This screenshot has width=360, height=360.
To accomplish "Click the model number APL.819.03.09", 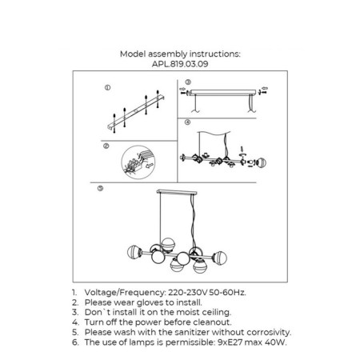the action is tap(180, 64).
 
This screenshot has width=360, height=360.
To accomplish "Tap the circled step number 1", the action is tap(107, 87).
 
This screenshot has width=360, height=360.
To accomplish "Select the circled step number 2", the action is tap(106, 146).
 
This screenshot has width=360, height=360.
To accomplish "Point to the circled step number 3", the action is tap(188, 82).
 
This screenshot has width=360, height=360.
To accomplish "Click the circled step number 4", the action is tap(187, 122).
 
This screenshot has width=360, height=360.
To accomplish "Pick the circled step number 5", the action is tap(100, 188).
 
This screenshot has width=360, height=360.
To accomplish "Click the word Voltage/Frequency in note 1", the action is tap(125, 293).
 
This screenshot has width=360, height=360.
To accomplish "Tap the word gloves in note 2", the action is tap(150, 302).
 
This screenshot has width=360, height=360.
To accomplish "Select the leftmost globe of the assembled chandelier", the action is tap(134, 252).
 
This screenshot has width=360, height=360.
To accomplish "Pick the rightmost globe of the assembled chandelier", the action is tap(220, 258).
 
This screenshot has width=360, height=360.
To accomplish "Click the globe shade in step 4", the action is tap(261, 162).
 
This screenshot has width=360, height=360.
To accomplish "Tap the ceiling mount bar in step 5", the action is tap(177, 192).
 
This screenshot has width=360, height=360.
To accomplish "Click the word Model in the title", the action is tap(133, 54).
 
